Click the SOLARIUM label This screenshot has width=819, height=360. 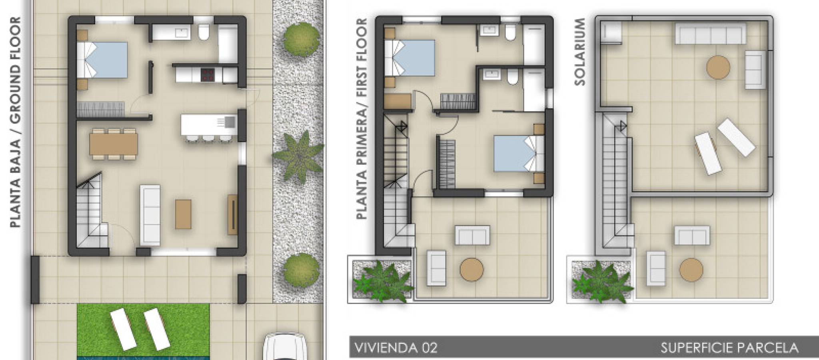point(579,52)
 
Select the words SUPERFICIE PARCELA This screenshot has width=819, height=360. point(729,348)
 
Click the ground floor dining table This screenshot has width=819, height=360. point(114,144)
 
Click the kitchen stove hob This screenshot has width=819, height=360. point(207,74)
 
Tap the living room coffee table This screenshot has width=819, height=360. point(183,214)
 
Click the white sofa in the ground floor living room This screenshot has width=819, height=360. point(150,215)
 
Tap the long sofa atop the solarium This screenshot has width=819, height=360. point(711,33)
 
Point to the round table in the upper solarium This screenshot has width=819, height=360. point(718,67)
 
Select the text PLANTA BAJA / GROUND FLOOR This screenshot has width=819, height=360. point(15,122)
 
